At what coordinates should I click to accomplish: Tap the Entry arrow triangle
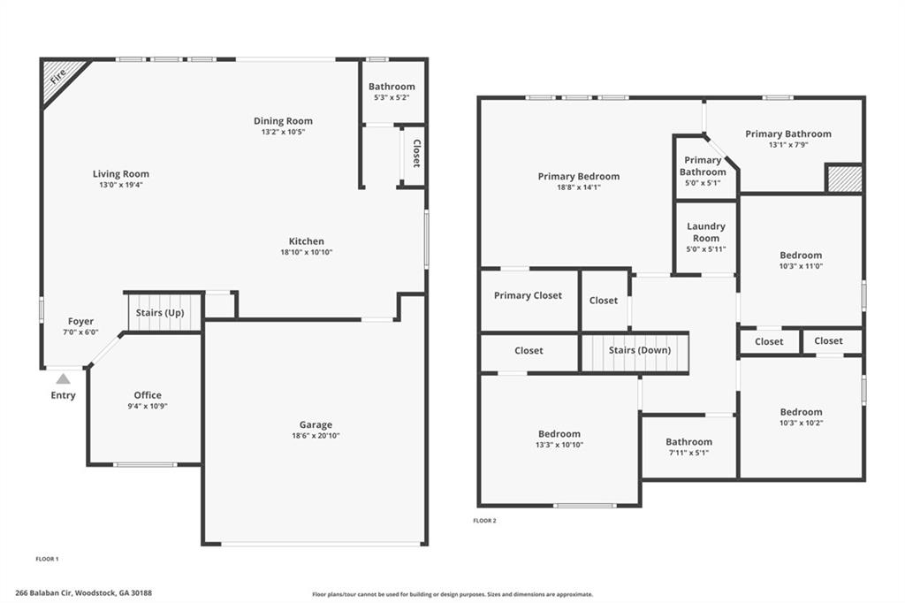(63, 378)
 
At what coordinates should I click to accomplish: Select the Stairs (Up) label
(160, 313)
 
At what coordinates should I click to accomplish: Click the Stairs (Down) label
(639, 350)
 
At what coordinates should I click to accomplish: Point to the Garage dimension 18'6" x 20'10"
(316, 436)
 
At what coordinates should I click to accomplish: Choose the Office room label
(148, 395)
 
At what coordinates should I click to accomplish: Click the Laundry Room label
(706, 232)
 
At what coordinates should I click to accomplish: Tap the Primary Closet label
(528, 295)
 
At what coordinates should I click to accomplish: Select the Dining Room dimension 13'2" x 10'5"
(283, 133)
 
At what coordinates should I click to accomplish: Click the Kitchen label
(306, 241)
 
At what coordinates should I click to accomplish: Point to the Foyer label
(80, 322)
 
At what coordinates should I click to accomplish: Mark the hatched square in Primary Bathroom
(844, 178)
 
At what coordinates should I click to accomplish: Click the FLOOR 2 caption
(484, 521)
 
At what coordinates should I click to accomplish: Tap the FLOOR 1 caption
(47, 559)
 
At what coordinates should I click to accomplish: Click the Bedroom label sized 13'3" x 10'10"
(559, 434)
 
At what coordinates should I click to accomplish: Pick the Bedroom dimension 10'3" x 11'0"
(801, 266)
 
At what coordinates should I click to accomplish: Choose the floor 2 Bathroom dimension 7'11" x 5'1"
(688, 453)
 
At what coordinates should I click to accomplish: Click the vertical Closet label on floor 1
(416, 154)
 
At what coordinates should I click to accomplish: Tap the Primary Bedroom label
(578, 177)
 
